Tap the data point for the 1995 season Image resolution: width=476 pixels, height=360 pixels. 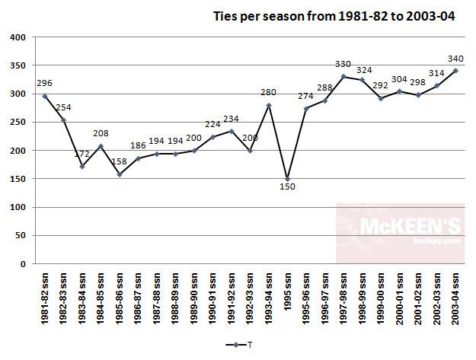pos(287,180)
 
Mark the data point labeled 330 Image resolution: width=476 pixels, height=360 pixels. pos(343,77)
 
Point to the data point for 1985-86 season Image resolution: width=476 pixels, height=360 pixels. pos(119,174)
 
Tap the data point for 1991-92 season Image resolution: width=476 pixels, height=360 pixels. pos(232,132)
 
